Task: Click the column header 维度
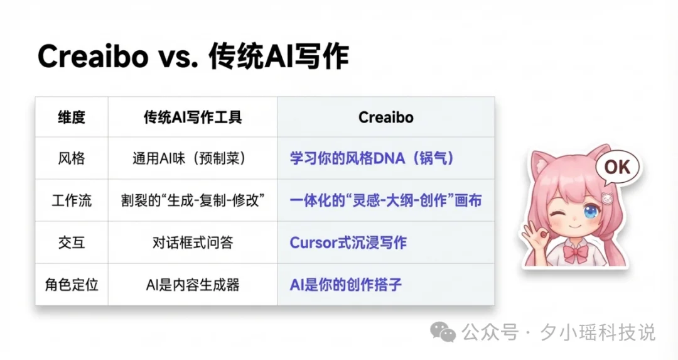[x=71, y=117]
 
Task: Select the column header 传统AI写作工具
[x=193, y=117]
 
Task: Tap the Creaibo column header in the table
[x=385, y=117]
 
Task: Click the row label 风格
[x=71, y=158]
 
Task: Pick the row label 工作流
[x=71, y=200]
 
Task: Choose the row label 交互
[x=71, y=243]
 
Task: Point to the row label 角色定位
[x=71, y=285]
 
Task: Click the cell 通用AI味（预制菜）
[x=193, y=158]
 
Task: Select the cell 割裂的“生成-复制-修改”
[x=193, y=200]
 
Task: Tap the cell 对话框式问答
[x=193, y=243]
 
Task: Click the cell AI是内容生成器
[x=193, y=285]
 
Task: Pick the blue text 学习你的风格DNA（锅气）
[x=372, y=158]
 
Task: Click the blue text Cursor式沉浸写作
[x=348, y=243]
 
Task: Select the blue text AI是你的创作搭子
[x=346, y=285]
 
